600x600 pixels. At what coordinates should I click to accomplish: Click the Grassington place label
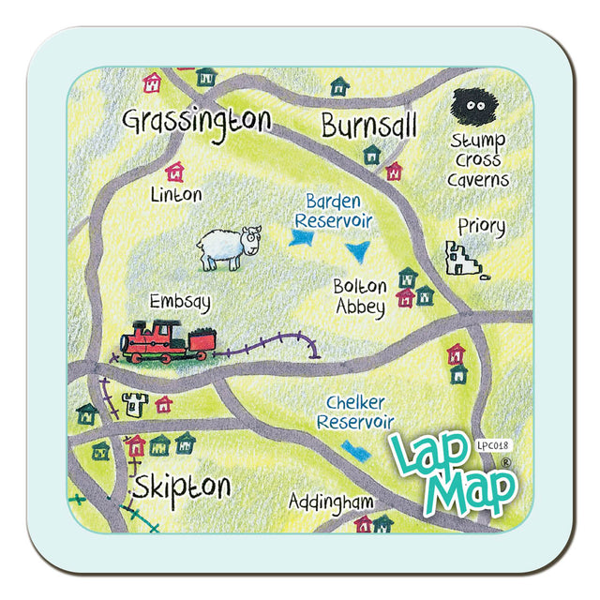197,122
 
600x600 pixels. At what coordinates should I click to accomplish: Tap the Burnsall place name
367,124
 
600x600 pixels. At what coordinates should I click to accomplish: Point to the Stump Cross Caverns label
477,159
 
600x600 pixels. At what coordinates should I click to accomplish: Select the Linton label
175,195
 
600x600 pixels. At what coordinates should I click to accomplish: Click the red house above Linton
174,172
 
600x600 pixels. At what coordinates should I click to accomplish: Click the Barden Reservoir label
334,211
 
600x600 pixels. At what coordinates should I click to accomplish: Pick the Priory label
481,227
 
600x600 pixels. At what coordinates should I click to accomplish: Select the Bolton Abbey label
360,297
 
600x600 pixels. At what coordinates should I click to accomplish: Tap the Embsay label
180,302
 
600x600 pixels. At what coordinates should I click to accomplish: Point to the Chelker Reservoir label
355,412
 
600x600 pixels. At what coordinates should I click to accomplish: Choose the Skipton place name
181,487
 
